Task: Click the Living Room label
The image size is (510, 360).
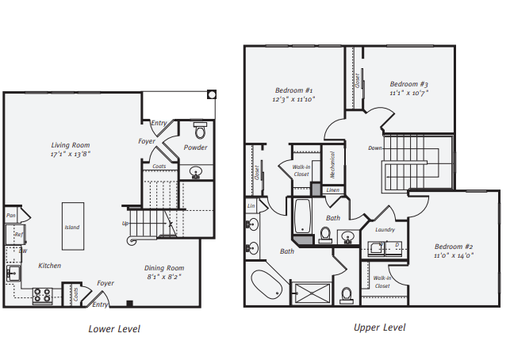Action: pyautogui.click(x=70, y=145)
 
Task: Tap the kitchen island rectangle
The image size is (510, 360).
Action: pyautogui.click(x=72, y=228)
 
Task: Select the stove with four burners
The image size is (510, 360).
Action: pyautogui.click(x=42, y=297)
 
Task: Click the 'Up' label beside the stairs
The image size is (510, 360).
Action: pyautogui.click(x=125, y=223)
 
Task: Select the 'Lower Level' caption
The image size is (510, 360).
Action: pyautogui.click(x=113, y=328)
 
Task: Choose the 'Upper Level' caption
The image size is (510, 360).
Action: pyautogui.click(x=379, y=327)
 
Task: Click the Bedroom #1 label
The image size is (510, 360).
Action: pyautogui.click(x=293, y=90)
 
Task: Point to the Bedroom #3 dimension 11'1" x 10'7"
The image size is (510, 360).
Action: pyautogui.click(x=409, y=94)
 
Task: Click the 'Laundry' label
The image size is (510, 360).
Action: pyautogui.click(x=385, y=229)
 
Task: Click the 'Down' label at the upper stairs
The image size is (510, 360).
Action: pyautogui.click(x=375, y=148)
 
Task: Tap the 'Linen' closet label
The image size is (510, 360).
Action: pyautogui.click(x=332, y=190)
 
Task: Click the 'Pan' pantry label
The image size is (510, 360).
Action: pyautogui.click(x=11, y=215)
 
